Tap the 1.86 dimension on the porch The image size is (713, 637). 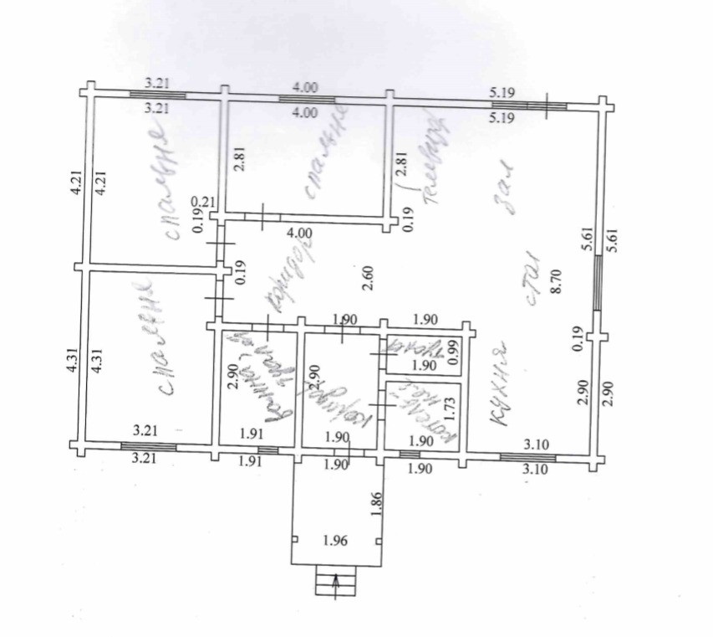tap(377, 503)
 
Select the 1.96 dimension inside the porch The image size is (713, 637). tap(335, 540)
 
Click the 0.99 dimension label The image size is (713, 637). tap(454, 351)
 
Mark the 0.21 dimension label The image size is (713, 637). tap(201, 203)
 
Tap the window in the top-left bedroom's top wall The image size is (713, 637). tap(158, 95)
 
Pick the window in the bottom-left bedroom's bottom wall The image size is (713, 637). tap(156, 447)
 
